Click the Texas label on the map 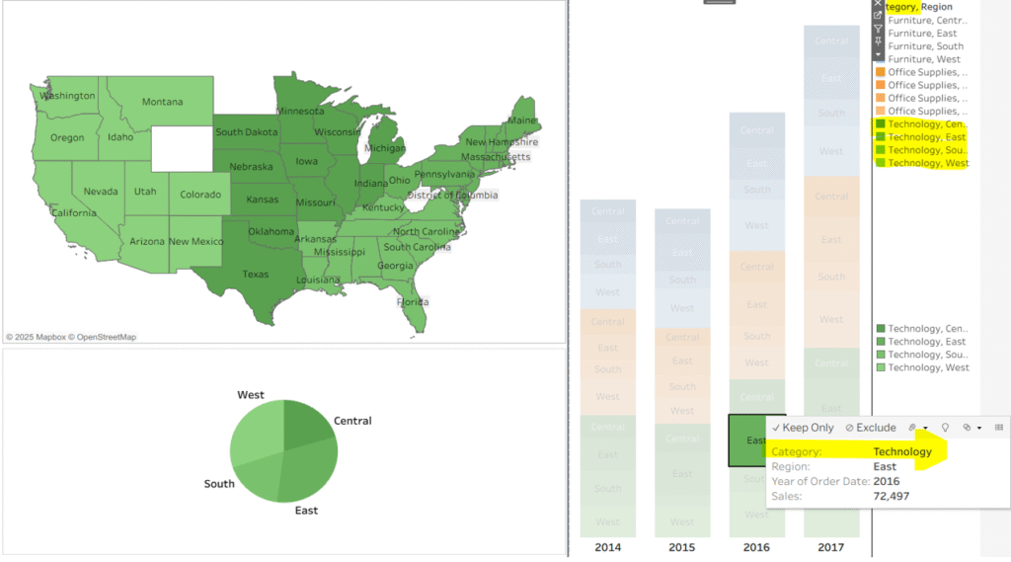255,274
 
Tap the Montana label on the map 162,102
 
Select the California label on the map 74,212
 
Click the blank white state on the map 181,149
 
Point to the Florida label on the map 413,301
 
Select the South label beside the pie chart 219,484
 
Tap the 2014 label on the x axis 607,547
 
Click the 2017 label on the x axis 831,547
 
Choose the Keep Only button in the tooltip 803,428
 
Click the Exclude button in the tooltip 870,428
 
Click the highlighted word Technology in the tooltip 902,452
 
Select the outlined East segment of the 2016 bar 756,441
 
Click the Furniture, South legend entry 924,46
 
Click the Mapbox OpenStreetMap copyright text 71,337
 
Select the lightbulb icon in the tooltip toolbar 945,428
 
